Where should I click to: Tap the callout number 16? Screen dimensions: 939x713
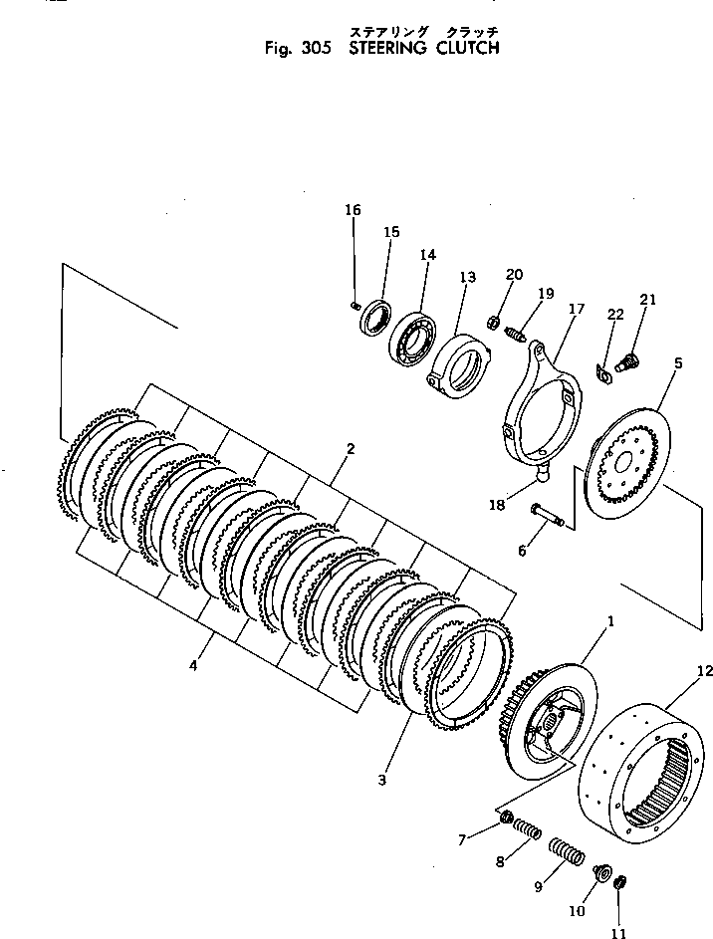[354, 210]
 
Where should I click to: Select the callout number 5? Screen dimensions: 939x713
[677, 363]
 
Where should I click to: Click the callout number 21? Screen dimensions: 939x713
[648, 300]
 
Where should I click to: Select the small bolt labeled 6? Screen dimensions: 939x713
[545, 515]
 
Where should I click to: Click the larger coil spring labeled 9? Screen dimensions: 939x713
[566, 856]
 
